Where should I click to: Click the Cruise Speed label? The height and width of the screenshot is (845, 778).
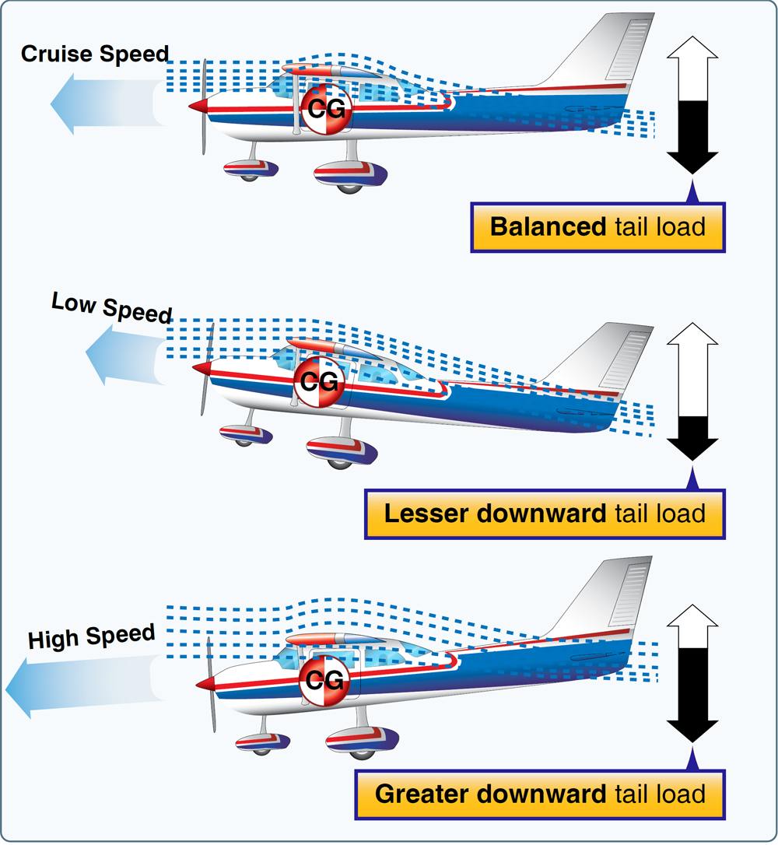coord(94,54)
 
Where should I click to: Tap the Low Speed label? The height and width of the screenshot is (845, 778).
coord(111,307)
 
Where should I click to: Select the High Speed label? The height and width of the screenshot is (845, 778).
coord(92,637)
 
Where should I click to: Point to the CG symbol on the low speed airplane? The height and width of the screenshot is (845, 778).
coord(319,382)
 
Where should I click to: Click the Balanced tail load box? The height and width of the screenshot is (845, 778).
coord(598,227)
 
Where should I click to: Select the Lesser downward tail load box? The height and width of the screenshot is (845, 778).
coord(545,514)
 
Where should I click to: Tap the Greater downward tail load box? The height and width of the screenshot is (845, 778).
coord(540,794)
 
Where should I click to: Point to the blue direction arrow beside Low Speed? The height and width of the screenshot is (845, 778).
coord(124,354)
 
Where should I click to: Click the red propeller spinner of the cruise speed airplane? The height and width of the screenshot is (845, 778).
coord(199,106)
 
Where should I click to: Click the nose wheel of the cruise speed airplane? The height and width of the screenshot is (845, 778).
coord(248,173)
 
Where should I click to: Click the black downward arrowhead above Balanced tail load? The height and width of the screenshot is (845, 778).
coord(692,161)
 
